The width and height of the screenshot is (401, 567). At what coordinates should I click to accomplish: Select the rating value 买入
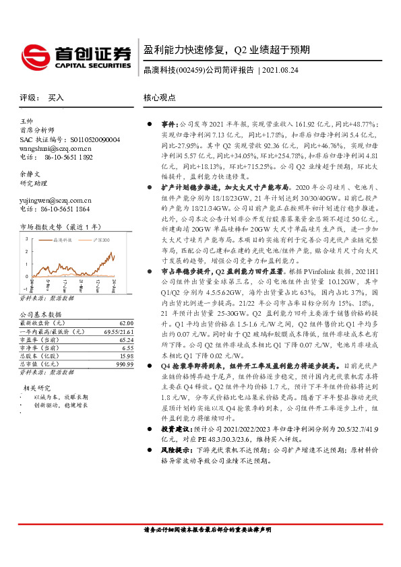click(56, 98)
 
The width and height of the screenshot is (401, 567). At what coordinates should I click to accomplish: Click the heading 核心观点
click(160, 98)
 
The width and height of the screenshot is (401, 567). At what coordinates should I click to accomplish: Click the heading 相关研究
click(38, 389)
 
